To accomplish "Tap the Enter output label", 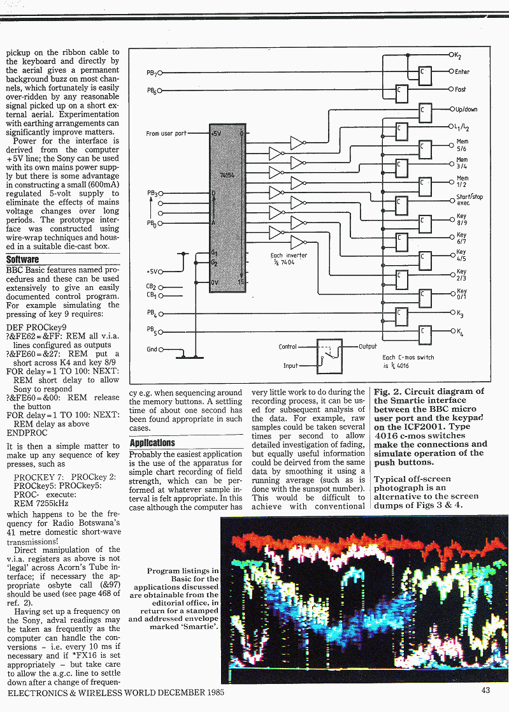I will click(x=462, y=72).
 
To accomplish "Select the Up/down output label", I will click(x=466, y=109).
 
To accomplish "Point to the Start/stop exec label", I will click(x=470, y=200).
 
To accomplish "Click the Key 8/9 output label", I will click(x=462, y=220).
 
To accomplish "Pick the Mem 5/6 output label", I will click(x=462, y=145).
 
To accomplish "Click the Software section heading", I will click(x=23, y=260).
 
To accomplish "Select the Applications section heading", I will click(x=152, y=442).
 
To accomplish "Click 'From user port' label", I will click(x=166, y=134).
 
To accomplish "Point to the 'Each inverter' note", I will click(x=289, y=259).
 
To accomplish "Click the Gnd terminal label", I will click(x=152, y=349).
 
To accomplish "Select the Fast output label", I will click(x=461, y=90).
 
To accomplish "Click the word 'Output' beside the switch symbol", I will click(x=368, y=347).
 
